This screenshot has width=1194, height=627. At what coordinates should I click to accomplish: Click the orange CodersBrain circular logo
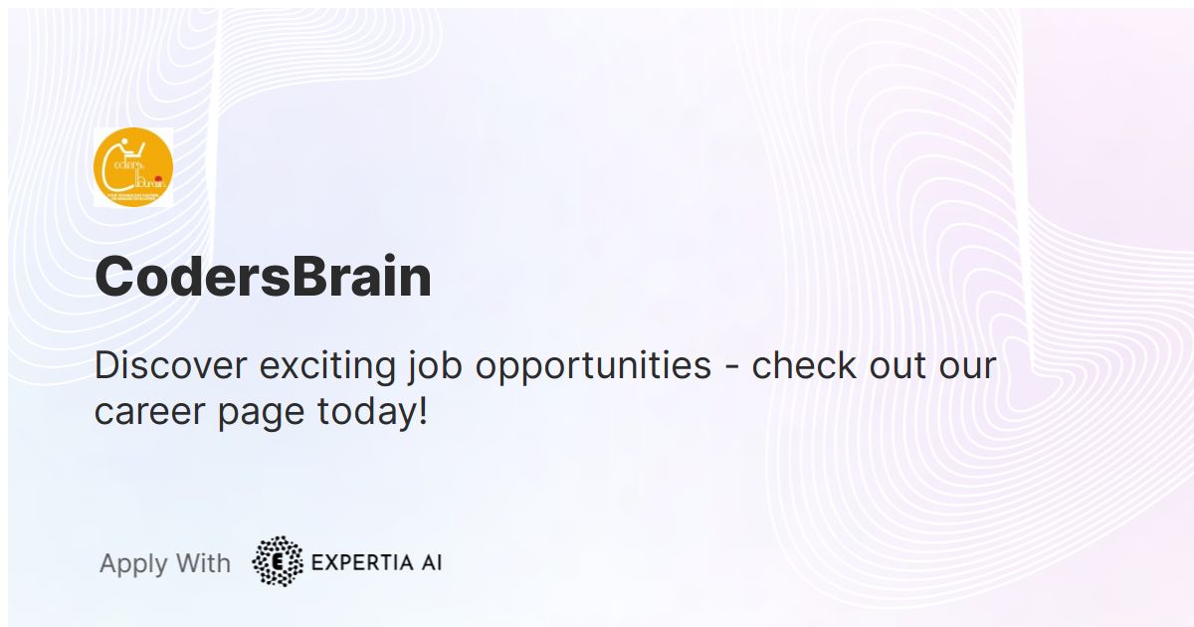[x=133, y=167]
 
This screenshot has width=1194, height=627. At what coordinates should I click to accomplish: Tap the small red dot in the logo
[x=158, y=178]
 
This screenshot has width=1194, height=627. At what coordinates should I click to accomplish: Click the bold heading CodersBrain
[x=263, y=277]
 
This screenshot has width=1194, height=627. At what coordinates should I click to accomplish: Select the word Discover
[x=171, y=365]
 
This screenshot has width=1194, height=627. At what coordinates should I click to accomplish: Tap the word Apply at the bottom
[x=133, y=564]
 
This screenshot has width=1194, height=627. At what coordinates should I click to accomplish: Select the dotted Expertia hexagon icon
[x=278, y=561]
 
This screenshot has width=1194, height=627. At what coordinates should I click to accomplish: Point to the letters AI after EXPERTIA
[x=429, y=562]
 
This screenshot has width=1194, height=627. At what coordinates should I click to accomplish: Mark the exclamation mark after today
[x=423, y=410]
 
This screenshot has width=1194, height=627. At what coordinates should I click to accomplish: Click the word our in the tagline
[x=967, y=365]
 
